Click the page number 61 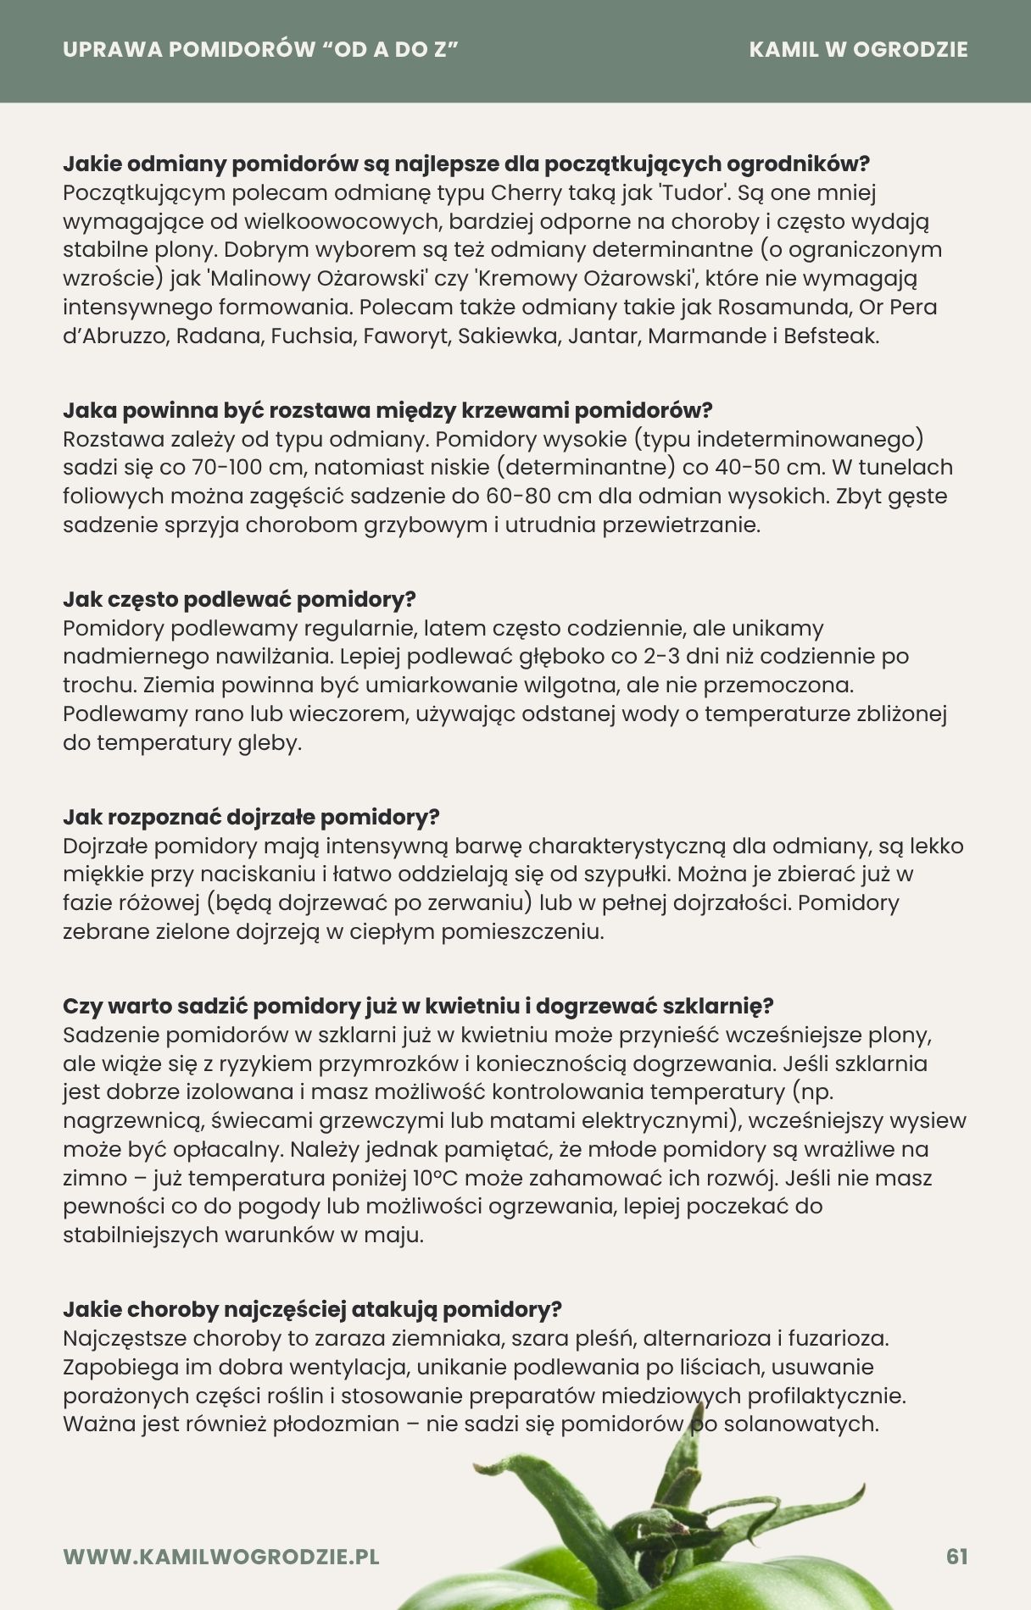pos(956,1557)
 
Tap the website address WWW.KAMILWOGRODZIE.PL pos(221,1557)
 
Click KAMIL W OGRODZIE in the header pos(858,49)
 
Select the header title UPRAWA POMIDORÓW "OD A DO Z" pos(260,49)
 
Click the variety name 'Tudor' pos(694,192)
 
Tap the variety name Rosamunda pos(786,307)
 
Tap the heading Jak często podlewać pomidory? pos(239,600)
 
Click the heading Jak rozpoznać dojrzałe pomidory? pos(251,818)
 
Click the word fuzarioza pos(838,1339)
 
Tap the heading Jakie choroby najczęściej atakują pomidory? pos(312,1310)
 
